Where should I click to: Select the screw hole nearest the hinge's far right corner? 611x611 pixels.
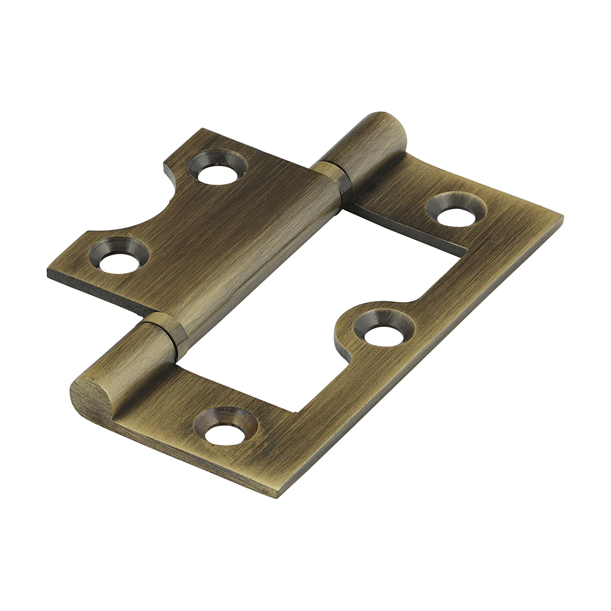tap(456, 211)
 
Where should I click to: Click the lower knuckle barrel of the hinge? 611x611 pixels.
tap(122, 367)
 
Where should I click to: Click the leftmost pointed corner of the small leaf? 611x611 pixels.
tap(49, 269)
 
